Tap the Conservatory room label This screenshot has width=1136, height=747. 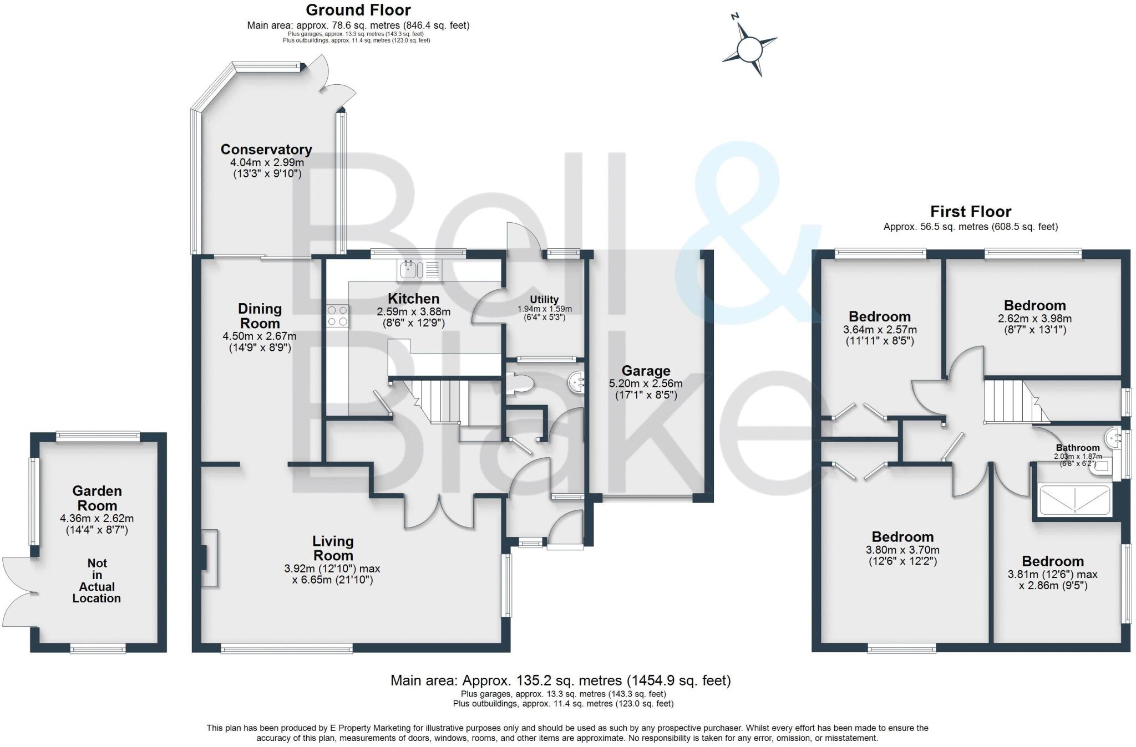coord(266,150)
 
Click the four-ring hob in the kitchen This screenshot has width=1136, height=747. coord(337,316)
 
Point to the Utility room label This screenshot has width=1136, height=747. coord(544,299)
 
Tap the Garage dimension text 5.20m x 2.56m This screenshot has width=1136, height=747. coord(646,383)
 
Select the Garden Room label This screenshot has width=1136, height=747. coord(97,498)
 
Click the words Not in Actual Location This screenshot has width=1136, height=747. coord(97,580)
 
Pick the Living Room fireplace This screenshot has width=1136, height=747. coord(209,558)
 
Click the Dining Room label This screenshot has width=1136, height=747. coord(260,316)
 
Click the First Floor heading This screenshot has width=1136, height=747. coord(970,212)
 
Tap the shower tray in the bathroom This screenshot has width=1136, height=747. coord(1075,500)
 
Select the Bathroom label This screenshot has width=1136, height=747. coord(1077,448)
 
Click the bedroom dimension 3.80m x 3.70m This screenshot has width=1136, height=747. coord(902,550)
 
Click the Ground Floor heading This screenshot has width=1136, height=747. coord(358,10)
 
